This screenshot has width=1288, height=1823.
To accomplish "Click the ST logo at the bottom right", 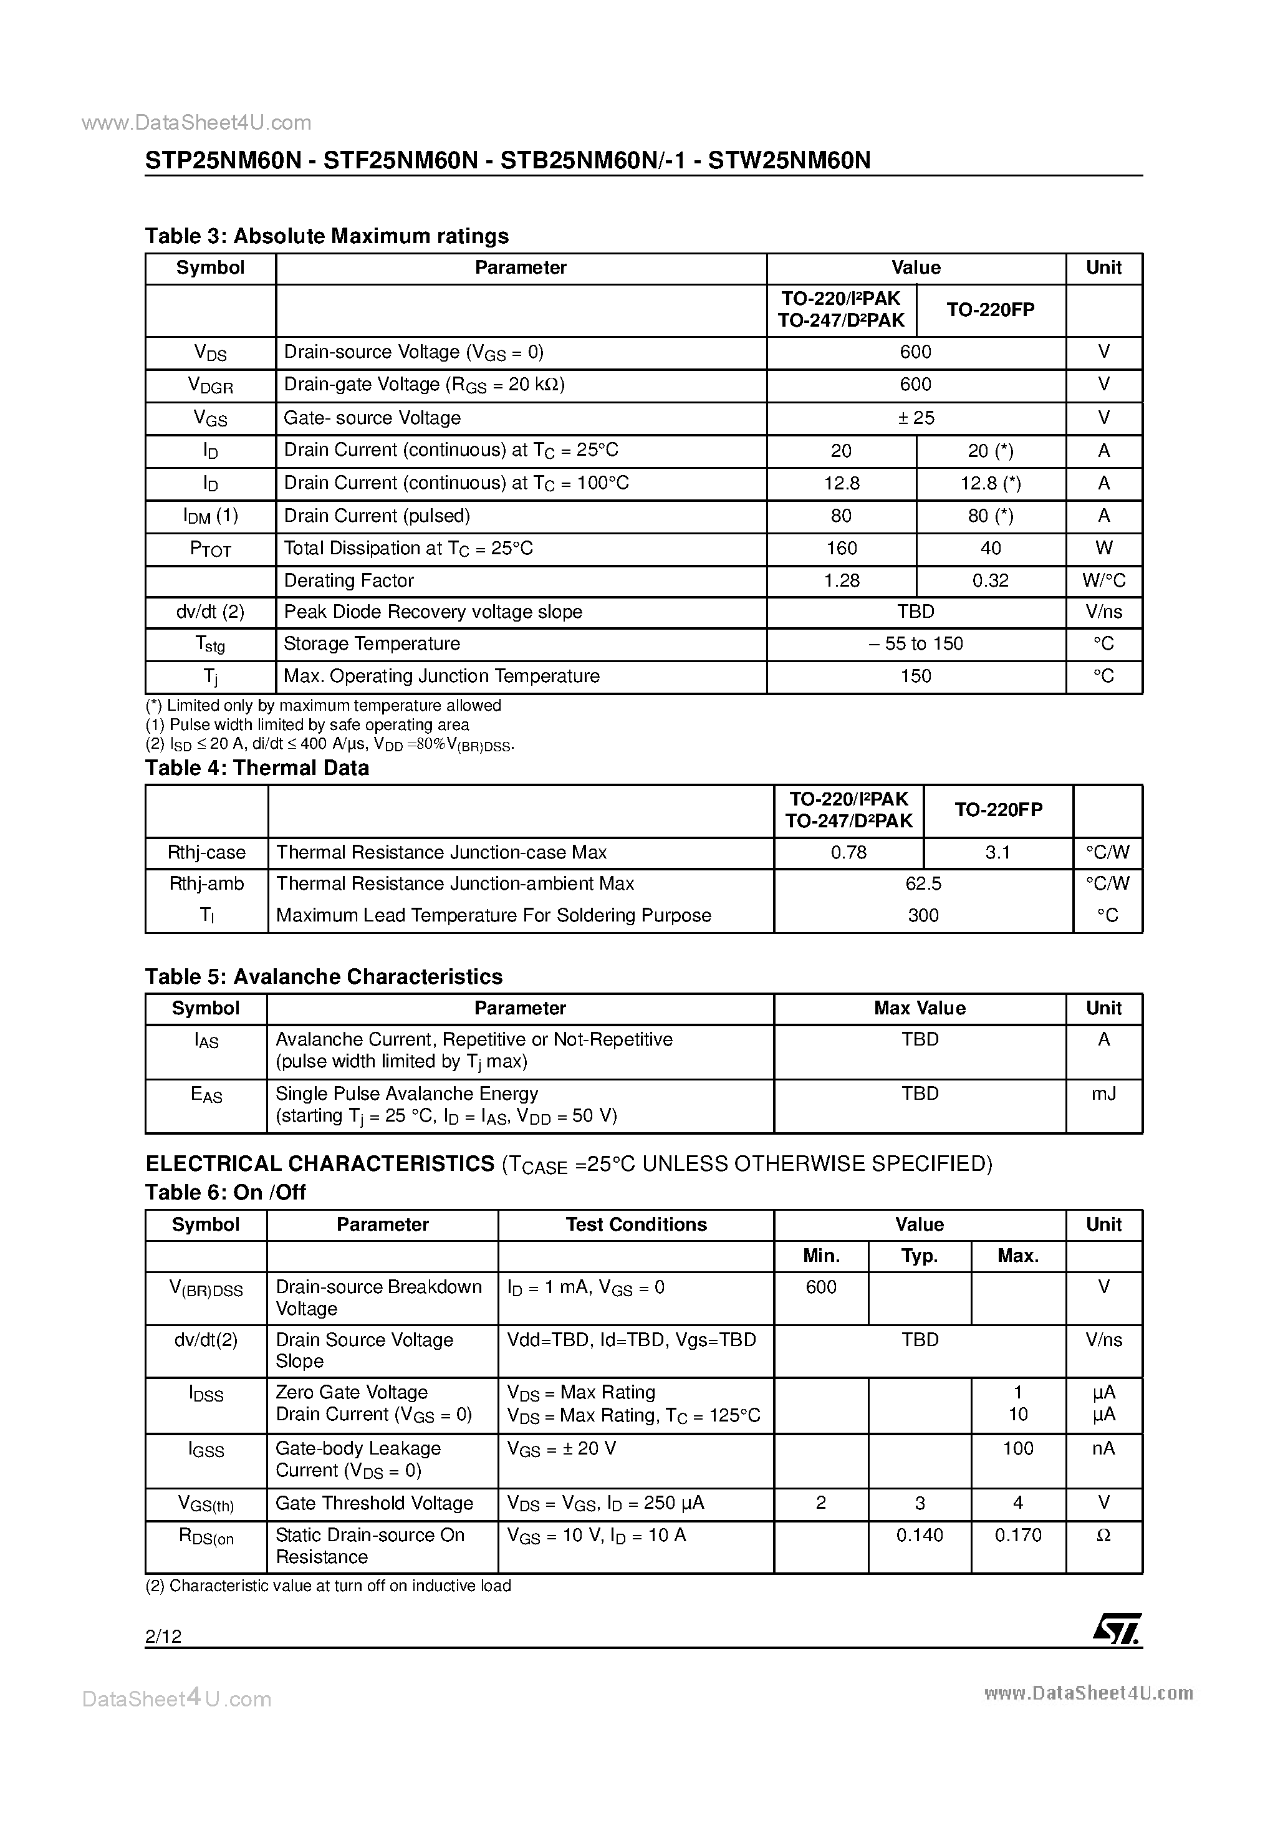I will (1117, 1628).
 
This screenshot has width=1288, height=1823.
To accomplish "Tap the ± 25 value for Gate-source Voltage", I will (916, 418).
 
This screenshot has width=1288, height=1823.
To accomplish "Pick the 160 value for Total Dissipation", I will (841, 548).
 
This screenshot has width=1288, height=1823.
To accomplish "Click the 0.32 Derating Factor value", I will (990, 580).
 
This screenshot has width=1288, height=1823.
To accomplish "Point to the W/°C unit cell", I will (1103, 580).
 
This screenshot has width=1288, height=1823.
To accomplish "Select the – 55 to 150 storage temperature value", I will (916, 643).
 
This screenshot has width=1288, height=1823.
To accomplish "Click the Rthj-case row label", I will (206, 852).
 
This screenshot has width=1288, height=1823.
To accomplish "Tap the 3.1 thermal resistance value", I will (997, 852).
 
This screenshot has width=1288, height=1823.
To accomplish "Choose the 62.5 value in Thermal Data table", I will (923, 883).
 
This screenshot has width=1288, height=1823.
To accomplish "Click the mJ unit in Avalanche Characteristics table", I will (1103, 1094).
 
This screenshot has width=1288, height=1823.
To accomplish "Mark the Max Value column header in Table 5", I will (920, 1008).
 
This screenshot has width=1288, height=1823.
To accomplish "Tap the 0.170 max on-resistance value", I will (1017, 1535).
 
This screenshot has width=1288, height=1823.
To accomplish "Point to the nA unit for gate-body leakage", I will (1103, 1448).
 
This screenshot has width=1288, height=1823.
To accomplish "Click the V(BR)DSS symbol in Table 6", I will (206, 1288).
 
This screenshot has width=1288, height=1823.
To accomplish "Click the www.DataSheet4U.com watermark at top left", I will (196, 122).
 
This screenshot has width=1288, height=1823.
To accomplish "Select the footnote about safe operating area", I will (308, 724).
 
